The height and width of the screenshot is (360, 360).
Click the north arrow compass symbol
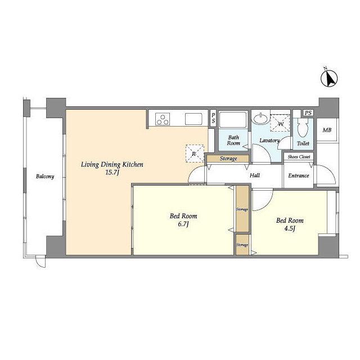click(x=329, y=78)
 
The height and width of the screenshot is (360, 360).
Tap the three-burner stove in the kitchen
click(x=163, y=119)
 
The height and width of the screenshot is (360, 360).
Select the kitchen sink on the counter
click(x=193, y=119)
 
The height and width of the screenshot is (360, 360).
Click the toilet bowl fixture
click(x=303, y=128)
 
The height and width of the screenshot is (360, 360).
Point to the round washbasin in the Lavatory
click(x=260, y=119)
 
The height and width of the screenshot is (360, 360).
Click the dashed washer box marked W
click(x=280, y=123)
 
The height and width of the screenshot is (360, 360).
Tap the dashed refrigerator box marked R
click(x=195, y=154)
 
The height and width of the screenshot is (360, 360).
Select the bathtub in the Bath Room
click(x=233, y=119)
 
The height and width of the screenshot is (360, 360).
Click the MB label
click(x=327, y=130)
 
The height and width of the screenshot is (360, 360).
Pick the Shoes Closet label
click(x=299, y=157)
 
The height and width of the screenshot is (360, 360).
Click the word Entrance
click(x=299, y=175)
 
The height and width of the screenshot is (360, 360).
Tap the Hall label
click(x=255, y=175)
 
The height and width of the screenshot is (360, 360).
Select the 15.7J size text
click(x=112, y=173)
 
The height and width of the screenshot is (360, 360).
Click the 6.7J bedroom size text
click(x=183, y=224)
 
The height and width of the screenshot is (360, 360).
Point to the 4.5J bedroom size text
click(x=290, y=228)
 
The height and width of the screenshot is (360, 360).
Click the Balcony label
click(x=45, y=177)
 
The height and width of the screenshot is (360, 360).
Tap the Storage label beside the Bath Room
click(x=228, y=159)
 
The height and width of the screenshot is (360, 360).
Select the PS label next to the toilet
click(x=308, y=112)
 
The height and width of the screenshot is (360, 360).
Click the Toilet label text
click(x=303, y=143)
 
